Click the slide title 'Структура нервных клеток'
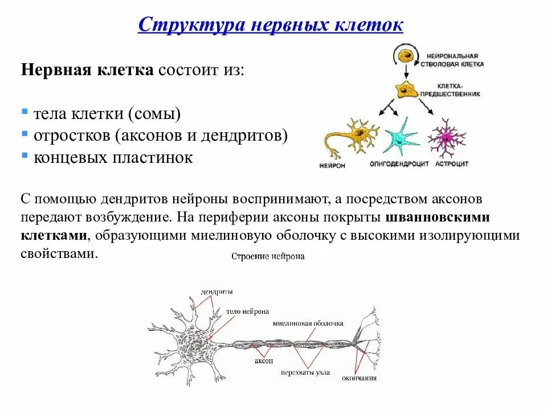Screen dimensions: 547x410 (x=271, y=25)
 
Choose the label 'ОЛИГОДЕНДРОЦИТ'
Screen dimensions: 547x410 (x=399, y=164)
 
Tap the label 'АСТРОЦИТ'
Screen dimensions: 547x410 (x=452, y=164)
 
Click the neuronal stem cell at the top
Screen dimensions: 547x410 (x=405, y=58)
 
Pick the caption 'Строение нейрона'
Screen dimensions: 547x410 (x=268, y=256)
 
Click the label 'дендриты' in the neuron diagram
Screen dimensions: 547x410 (x=217, y=292)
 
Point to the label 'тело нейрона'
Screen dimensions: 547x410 (x=247, y=311)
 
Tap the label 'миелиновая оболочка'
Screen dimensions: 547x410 (x=308, y=323)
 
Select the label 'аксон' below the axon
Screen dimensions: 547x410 (x=264, y=361)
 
